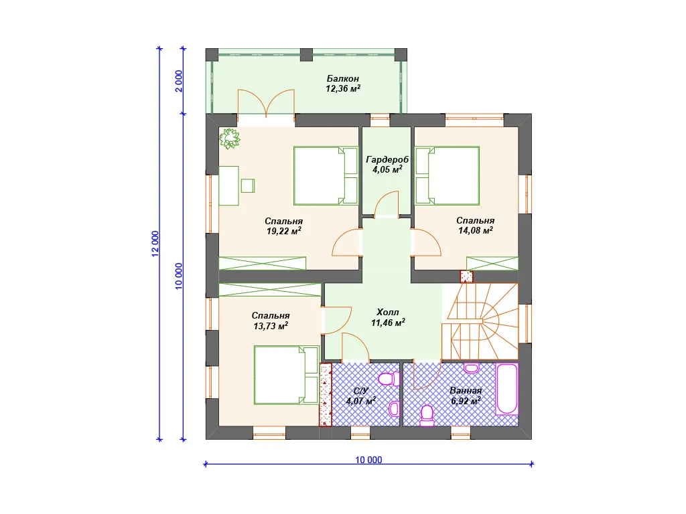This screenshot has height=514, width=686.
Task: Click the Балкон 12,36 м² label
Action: (x=343, y=84)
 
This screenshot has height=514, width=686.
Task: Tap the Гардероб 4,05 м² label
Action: (x=387, y=165)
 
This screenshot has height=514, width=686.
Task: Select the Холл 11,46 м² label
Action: (x=388, y=318)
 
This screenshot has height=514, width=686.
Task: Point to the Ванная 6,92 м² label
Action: (x=466, y=396)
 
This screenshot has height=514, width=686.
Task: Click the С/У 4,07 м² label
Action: (x=361, y=396)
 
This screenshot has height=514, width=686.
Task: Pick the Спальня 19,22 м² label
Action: (x=284, y=226)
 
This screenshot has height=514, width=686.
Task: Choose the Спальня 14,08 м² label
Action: (x=476, y=226)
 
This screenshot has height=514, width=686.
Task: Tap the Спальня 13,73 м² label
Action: (x=271, y=321)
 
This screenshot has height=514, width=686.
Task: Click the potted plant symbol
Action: (x=230, y=139)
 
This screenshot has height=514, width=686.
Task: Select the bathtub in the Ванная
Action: (x=507, y=389)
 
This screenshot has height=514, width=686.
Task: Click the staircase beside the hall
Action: (x=480, y=322)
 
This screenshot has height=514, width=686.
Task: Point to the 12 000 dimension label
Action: (x=155, y=244)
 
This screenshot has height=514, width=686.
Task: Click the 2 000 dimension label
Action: (x=179, y=81)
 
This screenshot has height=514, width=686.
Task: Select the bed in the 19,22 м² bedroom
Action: (x=326, y=176)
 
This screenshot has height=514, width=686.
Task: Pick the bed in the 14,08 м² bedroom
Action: (x=447, y=176)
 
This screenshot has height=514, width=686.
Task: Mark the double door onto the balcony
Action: (x=266, y=104)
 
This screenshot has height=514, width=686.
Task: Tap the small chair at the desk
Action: (x=248, y=186)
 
